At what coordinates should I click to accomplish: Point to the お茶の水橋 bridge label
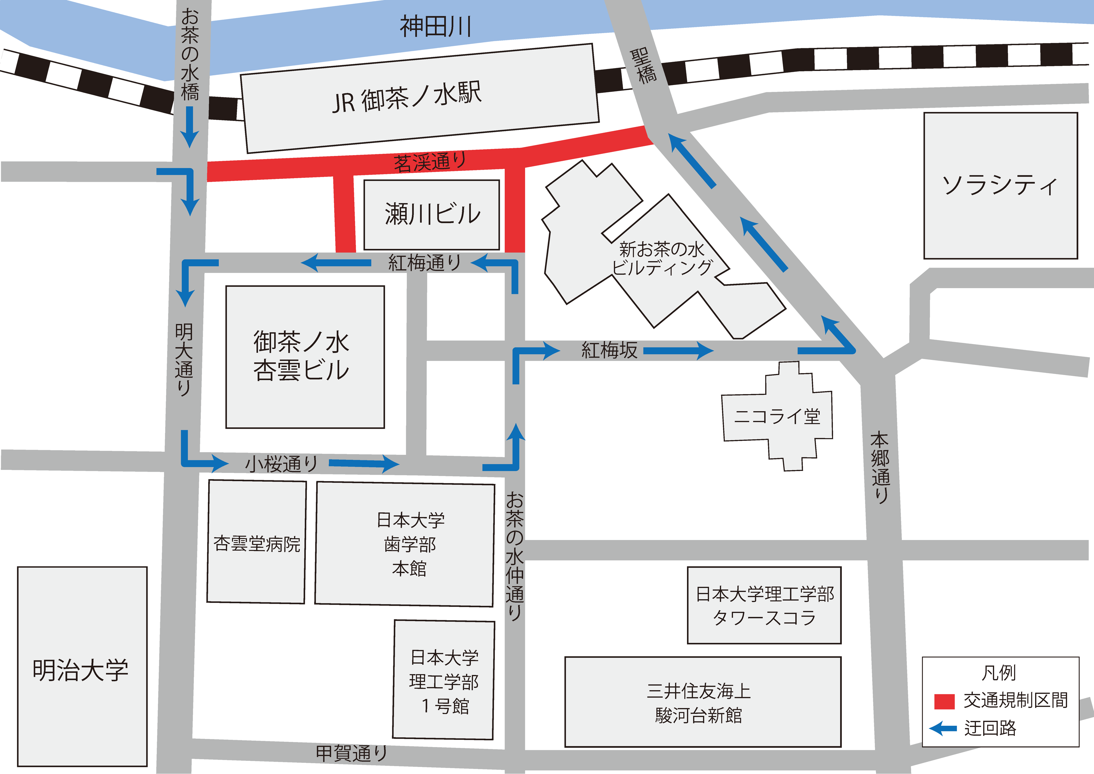pyautogui.click(x=190, y=55)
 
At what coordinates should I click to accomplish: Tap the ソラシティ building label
pyautogui.click(x=1000, y=185)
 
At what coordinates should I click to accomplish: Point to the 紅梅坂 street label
pyautogui.click(x=609, y=351)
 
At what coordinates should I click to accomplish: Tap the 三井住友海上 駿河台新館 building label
pyautogui.click(x=698, y=703)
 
